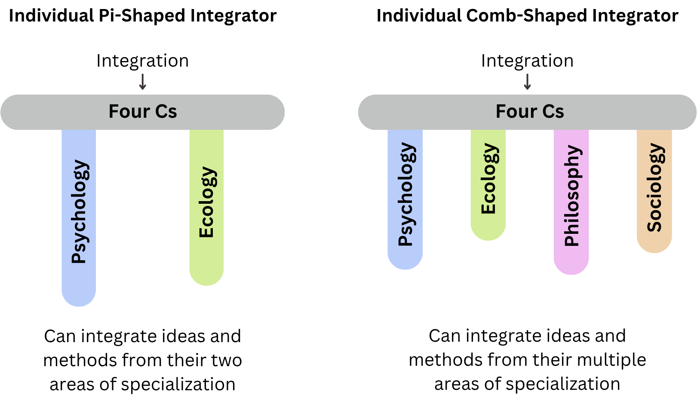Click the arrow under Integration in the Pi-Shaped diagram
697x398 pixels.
click(143, 82)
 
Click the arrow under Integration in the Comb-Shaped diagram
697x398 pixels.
click(527, 82)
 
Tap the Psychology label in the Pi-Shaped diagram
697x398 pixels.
click(80, 211)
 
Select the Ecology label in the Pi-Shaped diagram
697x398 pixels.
click(207, 202)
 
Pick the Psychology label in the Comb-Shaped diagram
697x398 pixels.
click(405, 194)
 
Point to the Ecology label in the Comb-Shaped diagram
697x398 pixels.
click(488, 179)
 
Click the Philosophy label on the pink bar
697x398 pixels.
click(571, 196)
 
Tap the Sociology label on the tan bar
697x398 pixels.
click(654, 187)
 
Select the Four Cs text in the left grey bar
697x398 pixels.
click(143, 112)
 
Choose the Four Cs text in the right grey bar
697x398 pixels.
click(530, 112)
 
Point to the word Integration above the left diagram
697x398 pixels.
click(143, 61)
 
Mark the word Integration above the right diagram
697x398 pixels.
click(527, 61)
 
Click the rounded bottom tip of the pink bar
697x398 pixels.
click(571, 269)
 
